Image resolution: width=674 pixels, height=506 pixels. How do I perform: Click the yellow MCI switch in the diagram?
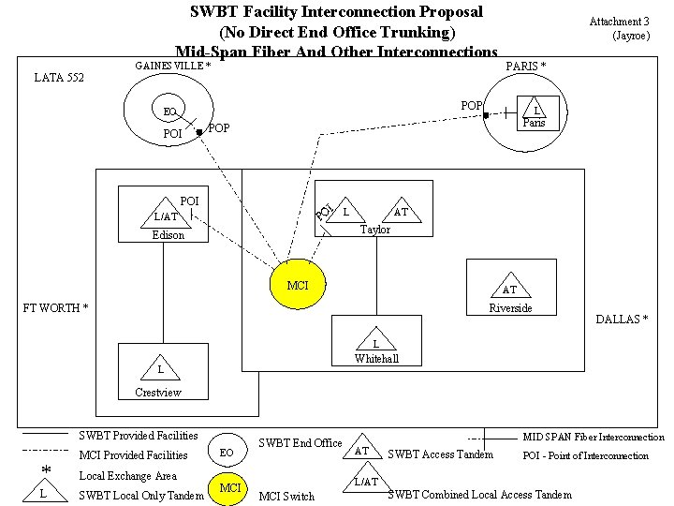[x=298, y=286]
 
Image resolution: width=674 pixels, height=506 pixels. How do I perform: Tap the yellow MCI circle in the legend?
[x=229, y=488]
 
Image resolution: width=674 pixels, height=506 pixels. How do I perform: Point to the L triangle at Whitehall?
[x=375, y=343]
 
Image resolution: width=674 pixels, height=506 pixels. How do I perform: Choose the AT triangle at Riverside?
[x=510, y=290]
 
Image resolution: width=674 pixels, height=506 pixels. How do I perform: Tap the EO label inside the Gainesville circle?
[x=169, y=112]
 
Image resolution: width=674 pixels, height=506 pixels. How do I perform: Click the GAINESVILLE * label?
[x=172, y=67]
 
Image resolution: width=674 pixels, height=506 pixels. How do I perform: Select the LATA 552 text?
[x=59, y=78]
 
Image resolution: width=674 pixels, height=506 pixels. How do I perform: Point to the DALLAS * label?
[x=622, y=320]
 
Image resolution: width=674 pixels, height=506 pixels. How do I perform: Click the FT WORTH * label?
[x=55, y=308]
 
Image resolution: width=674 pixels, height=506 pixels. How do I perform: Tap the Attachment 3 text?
[x=619, y=22]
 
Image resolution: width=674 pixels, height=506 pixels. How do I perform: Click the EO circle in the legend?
[x=226, y=452]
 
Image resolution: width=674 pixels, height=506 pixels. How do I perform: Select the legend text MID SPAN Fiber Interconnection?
[x=593, y=438]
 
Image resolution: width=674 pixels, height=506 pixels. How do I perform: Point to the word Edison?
[x=168, y=235]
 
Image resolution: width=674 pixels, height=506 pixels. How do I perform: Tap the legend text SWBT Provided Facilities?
[x=139, y=436]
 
